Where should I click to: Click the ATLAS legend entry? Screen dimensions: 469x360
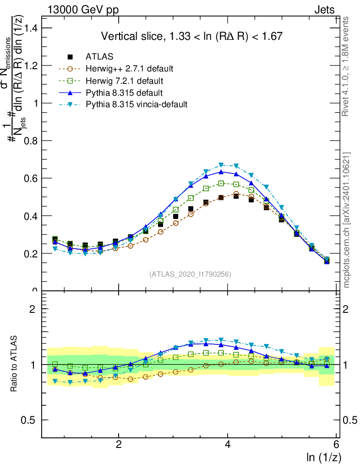pyautogui.click(x=100, y=57)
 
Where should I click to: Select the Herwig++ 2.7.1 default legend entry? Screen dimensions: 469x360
pyautogui.click(x=129, y=69)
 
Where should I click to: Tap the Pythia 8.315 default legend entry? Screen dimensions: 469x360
pyautogui.click(x=124, y=93)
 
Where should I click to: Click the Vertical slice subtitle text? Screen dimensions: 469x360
pyautogui.click(x=191, y=36)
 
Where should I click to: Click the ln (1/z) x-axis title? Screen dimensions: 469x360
pyautogui.click(x=324, y=457)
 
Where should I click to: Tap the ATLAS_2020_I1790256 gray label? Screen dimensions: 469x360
pyautogui.click(x=190, y=274)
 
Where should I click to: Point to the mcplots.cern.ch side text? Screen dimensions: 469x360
pyautogui.click(x=347, y=220)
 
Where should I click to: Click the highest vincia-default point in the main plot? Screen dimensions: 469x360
pyautogui.click(x=221, y=164)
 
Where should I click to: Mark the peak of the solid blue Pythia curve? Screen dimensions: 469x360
pyautogui.click(x=221, y=172)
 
